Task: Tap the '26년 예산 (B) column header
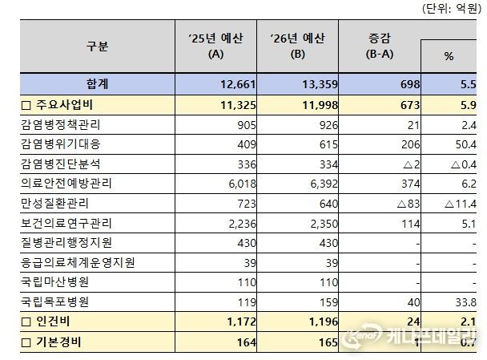coord(297,47)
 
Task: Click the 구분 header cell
coord(97,47)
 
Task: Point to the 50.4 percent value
coord(465,144)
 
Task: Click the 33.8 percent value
coord(465,302)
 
